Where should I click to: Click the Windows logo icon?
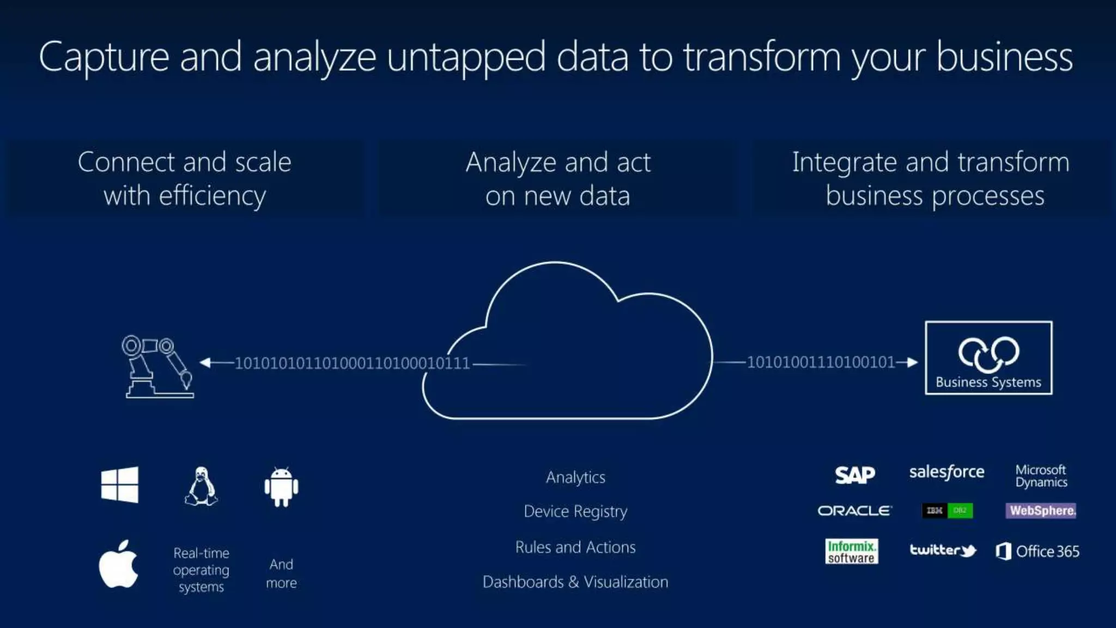[x=120, y=485]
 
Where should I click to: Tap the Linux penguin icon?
[x=201, y=486]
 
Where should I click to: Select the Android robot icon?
[x=281, y=487]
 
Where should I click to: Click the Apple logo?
[x=119, y=565]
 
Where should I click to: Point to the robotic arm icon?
[x=157, y=366]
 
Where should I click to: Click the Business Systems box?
[x=988, y=358]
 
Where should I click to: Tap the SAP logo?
[x=855, y=475]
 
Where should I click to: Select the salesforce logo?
[x=947, y=472]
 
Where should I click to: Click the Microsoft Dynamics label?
[x=1041, y=476]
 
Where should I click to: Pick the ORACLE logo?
[x=854, y=511]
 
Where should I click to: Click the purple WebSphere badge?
[x=1041, y=511]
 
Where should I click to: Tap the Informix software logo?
[x=851, y=552]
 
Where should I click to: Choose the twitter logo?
[x=943, y=551]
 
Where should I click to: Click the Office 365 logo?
[x=1038, y=552]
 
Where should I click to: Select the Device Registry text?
[x=575, y=511]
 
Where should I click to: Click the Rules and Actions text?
[x=575, y=547]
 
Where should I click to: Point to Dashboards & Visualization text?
[x=575, y=582]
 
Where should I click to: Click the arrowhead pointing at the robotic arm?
[x=205, y=363]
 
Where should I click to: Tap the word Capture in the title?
[x=104, y=57]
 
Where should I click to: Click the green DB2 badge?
[x=960, y=511]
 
